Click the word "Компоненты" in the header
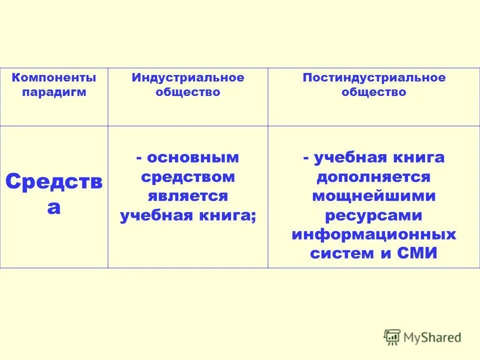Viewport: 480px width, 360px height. [x=53, y=78]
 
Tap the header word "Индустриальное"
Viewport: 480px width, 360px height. [x=188, y=78]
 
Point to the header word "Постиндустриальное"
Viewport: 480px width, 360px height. [x=374, y=78]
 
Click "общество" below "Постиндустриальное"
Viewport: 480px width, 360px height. [x=374, y=92]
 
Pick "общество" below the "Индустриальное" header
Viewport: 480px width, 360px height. [x=188, y=92]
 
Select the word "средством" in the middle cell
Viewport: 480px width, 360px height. [x=188, y=177]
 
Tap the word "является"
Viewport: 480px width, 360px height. [x=188, y=196]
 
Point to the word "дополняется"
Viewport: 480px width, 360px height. [x=373, y=177]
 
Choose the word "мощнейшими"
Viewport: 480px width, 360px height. [x=374, y=196]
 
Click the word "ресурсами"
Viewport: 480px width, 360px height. [x=374, y=215]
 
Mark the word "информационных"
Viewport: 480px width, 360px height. [x=374, y=234]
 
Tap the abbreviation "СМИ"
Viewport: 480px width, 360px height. [x=417, y=253]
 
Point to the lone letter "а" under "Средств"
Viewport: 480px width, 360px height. [x=53, y=206]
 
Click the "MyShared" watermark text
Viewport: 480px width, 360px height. [x=432, y=337]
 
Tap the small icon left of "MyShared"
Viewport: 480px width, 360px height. [x=392, y=337]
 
